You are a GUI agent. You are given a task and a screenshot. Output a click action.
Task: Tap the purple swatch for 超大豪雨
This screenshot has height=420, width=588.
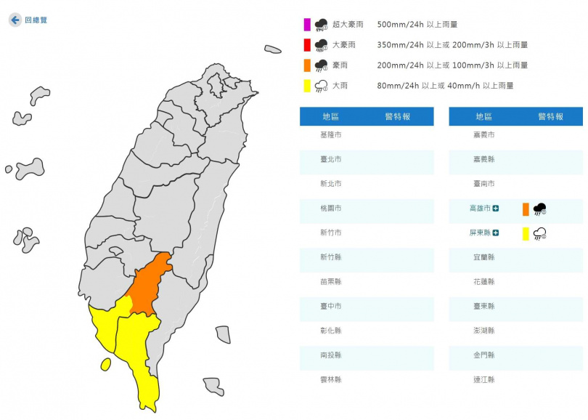tap(308, 25)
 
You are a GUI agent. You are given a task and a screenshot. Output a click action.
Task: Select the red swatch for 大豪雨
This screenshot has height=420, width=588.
tap(308, 45)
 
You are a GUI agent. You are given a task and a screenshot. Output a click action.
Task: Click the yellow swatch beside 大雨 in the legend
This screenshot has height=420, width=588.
tap(308, 86)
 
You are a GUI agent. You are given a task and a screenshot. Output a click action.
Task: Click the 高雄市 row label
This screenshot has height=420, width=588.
tap(480, 209)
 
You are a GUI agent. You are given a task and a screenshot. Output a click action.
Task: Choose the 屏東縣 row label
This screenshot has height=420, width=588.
tap(480, 233)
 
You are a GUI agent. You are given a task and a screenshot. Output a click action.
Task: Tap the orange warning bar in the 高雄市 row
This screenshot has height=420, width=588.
tap(526, 209)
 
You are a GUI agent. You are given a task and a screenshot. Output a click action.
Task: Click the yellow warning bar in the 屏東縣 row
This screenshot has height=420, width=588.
tap(526, 234)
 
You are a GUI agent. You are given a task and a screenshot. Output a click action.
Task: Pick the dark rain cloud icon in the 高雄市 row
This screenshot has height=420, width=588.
tap(539, 209)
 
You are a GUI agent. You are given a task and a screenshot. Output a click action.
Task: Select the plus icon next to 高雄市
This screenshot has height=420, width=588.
tap(496, 209)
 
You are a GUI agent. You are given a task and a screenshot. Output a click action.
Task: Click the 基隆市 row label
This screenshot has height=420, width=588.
tap(330, 135)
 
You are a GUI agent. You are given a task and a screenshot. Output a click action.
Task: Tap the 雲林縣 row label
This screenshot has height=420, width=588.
tap(330, 380)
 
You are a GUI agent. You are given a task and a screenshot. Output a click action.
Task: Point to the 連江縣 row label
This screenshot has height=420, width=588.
tap(483, 380)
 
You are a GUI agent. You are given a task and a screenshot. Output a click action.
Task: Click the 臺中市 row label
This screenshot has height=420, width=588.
tap(330, 307)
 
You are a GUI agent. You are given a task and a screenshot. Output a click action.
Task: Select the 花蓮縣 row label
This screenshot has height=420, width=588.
tap(483, 282)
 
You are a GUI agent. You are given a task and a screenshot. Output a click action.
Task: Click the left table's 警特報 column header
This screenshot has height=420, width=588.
tap(398, 116)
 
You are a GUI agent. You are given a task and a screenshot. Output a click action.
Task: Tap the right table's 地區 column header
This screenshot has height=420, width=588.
tap(483, 116)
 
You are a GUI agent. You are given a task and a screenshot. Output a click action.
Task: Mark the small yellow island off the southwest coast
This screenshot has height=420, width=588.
tap(106, 363)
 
